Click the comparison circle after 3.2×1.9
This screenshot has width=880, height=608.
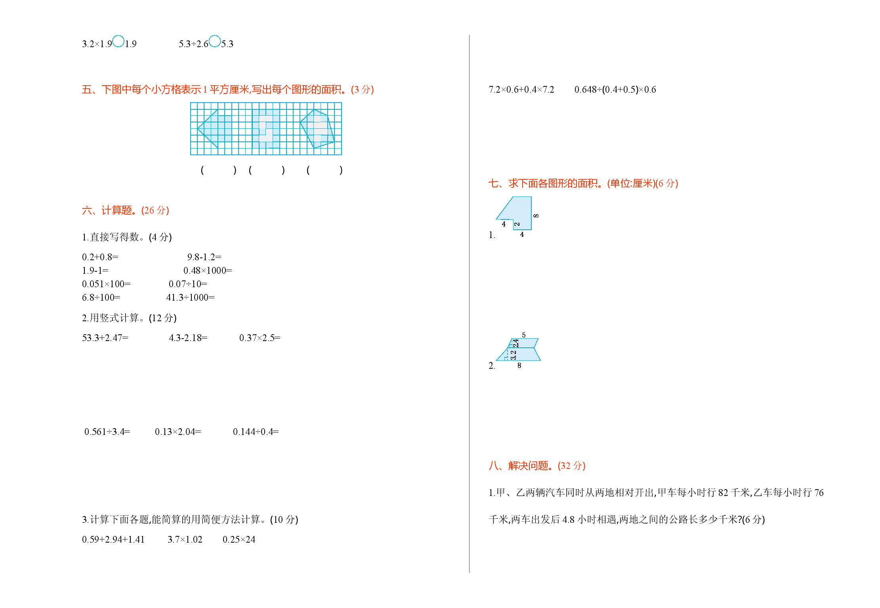point(118,41)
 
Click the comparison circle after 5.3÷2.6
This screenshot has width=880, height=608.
point(215,41)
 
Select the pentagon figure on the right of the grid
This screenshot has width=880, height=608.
point(317,129)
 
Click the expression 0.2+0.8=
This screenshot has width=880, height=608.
point(100,257)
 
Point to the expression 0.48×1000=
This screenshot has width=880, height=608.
point(208,271)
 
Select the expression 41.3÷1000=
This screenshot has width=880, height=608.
point(190,297)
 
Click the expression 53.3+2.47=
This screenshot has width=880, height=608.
point(105,338)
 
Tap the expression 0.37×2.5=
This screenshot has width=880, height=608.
point(260,338)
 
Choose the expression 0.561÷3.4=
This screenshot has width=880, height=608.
point(107,432)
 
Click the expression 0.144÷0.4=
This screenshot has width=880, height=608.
point(256,432)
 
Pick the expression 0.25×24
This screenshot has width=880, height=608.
point(239,539)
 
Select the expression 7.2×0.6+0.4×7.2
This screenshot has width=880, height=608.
point(521,90)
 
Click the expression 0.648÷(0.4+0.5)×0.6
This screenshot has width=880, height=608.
point(615,90)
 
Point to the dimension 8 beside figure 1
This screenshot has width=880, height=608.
point(536,216)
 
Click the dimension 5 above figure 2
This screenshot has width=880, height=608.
point(524,335)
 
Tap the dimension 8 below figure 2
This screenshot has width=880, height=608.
point(519,366)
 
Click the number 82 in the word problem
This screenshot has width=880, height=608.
point(723,493)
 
